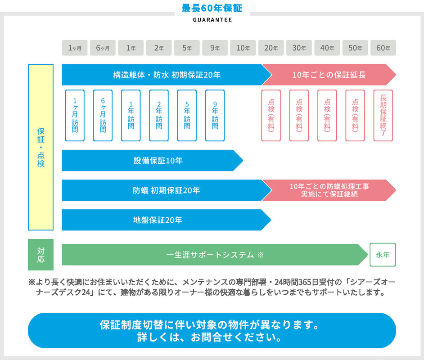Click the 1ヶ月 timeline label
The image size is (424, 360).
(x=75, y=48)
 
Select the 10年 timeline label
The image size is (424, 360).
(x=243, y=48)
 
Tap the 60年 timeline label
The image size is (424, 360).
(x=383, y=48)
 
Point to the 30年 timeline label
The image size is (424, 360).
(x=299, y=48)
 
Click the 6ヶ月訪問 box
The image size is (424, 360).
(x=103, y=116)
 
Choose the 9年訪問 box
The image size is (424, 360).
(x=215, y=116)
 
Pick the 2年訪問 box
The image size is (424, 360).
(x=159, y=116)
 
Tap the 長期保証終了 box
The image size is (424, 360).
(x=383, y=116)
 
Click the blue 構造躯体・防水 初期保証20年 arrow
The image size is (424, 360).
(x=162, y=75)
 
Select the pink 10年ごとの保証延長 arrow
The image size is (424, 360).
(x=329, y=75)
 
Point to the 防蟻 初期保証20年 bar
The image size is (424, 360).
(x=162, y=190)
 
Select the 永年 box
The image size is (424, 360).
(x=383, y=255)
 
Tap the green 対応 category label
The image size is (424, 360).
(x=41, y=255)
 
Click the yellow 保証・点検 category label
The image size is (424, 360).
(x=41, y=147)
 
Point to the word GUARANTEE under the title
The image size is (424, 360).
(x=212, y=20)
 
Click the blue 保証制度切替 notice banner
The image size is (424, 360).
(x=212, y=331)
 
